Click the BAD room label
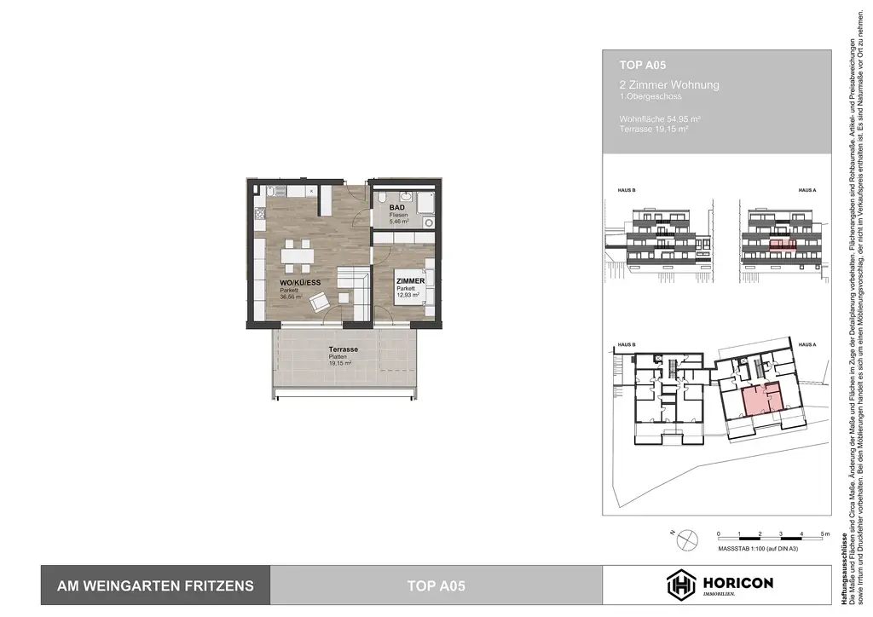396,208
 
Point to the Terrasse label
343,350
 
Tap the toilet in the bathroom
382,195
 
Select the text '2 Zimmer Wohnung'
669,85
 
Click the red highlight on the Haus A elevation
783,245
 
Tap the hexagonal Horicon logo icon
679,585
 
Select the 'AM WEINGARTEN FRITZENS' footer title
155,585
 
